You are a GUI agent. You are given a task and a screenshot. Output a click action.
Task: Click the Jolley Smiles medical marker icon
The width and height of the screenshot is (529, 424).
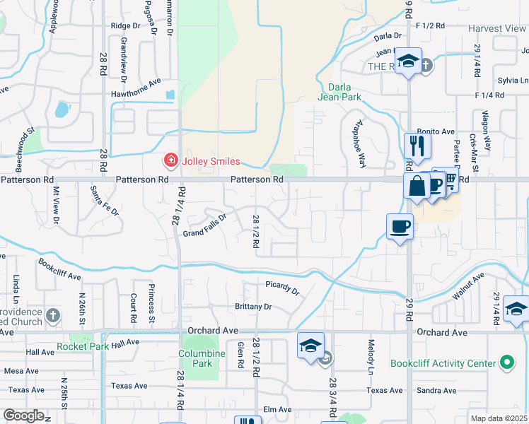(170, 161)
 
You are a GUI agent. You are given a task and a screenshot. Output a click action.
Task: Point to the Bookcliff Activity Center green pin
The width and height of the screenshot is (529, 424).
(506, 363)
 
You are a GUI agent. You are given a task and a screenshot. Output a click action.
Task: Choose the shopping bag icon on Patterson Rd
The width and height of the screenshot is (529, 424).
(417, 187)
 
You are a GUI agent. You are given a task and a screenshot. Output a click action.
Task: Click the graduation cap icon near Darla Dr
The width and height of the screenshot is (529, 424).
(408, 61)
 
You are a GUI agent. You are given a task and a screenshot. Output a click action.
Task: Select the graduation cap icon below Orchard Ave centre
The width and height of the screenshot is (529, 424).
(310, 346)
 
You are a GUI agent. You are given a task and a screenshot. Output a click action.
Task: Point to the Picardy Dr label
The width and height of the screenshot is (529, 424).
(283, 290)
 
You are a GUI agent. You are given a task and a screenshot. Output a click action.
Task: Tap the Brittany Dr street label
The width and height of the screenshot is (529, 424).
(253, 307)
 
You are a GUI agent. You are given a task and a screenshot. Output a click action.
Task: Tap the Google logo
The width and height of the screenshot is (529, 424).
(23, 416)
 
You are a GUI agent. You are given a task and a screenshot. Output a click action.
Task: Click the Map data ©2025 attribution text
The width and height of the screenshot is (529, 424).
(499, 418)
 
